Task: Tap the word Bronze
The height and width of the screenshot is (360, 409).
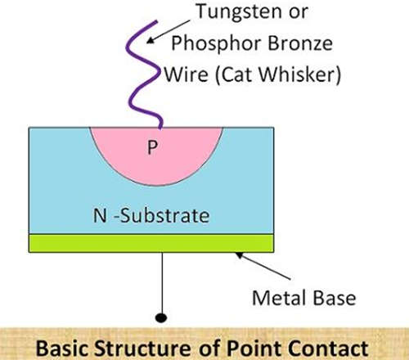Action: coord(300,43)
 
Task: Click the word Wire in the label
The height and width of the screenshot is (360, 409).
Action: coord(187,74)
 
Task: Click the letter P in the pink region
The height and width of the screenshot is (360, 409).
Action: coord(152,147)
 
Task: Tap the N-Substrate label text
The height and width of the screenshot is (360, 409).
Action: coord(151,215)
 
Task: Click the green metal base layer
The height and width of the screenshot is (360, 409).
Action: coord(151,243)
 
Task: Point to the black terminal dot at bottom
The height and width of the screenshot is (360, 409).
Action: coord(161,317)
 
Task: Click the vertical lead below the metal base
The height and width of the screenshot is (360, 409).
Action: coord(162,283)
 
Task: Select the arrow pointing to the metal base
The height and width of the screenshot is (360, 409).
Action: coord(263,266)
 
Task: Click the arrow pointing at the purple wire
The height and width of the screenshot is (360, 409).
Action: coord(169,31)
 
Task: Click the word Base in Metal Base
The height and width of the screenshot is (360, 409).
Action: coord(335,298)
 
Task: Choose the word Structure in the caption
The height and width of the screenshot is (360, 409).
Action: coord(143,349)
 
